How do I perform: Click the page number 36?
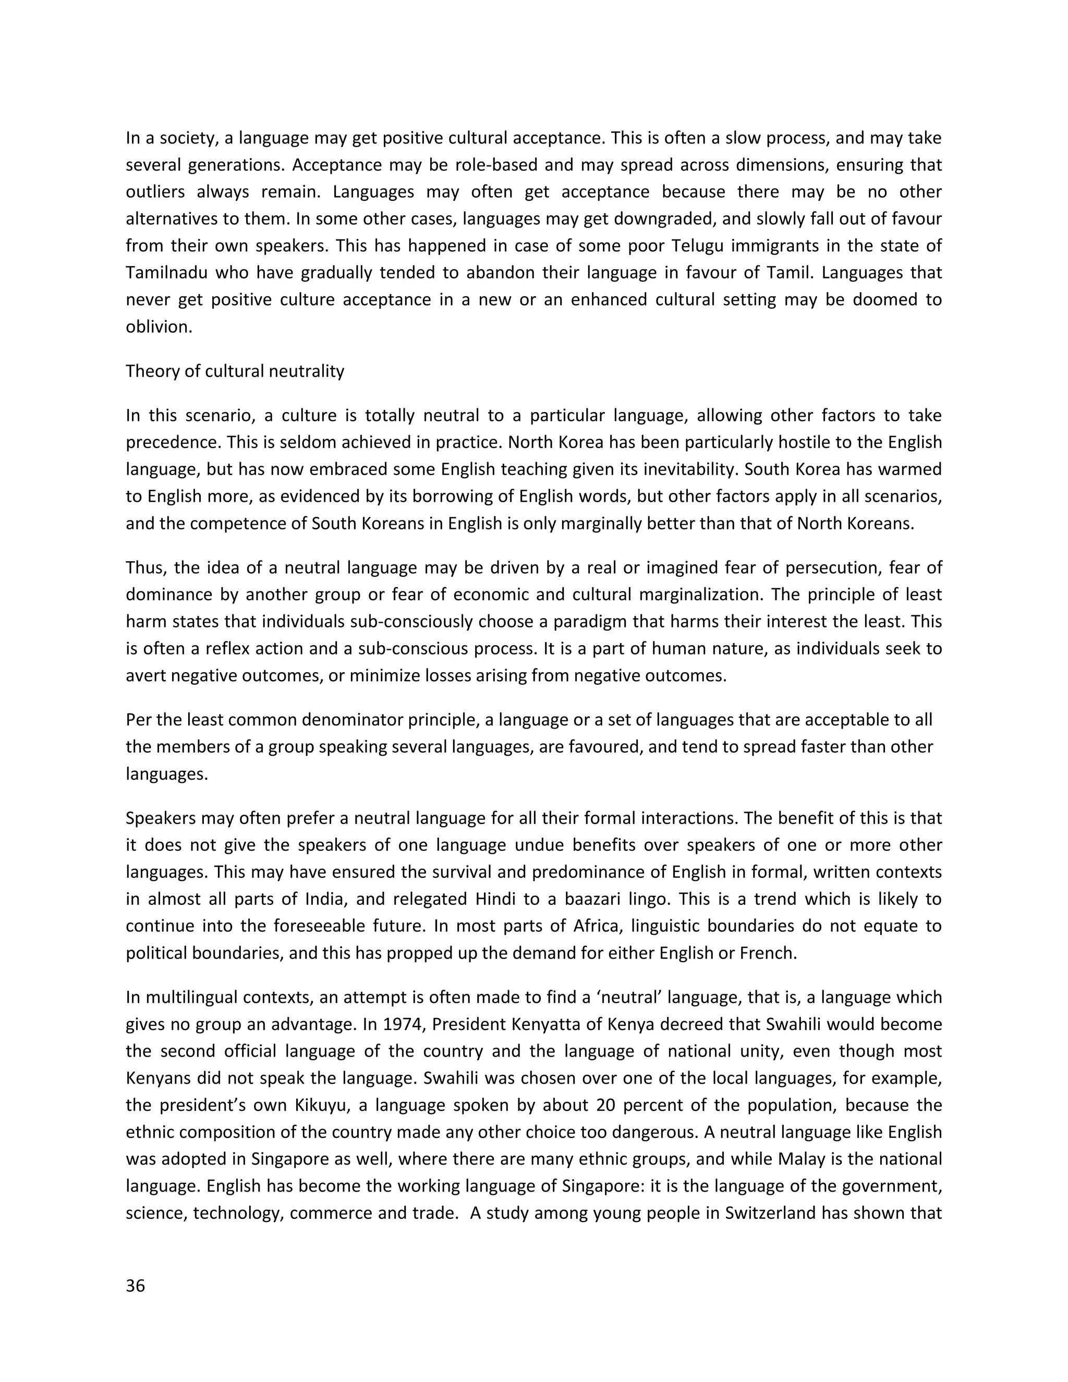[x=136, y=1286]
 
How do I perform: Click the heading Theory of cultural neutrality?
[x=235, y=371]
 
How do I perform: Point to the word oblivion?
[x=158, y=326]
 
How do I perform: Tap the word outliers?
[x=155, y=192]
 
